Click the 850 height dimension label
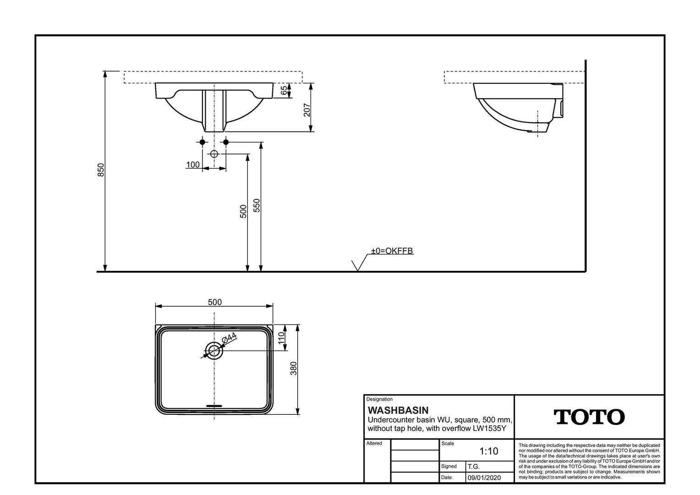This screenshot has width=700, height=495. click(x=101, y=170)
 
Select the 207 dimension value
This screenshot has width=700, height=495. click(x=307, y=110)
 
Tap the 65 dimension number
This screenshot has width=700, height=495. click(x=284, y=90)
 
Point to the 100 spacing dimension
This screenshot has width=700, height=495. click(x=193, y=165)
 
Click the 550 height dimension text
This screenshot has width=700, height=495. click(x=257, y=206)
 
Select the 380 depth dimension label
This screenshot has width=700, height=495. click(x=294, y=368)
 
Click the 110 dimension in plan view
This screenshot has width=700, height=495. click(x=282, y=338)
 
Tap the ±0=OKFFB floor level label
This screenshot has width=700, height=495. click(x=392, y=251)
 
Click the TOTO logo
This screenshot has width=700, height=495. click(x=589, y=417)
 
